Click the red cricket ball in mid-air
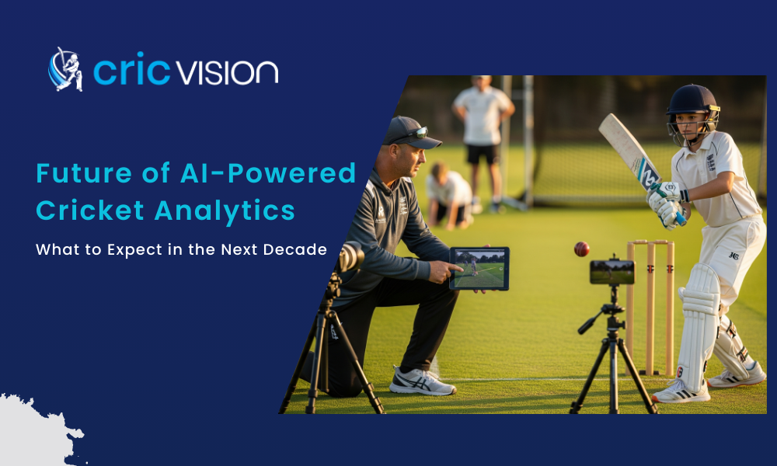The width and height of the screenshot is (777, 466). coord(581,249)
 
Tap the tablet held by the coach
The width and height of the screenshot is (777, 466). coord(479,268)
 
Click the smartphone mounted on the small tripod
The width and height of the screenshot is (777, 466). coord(611,272)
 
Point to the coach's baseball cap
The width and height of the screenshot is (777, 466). coord(409,131)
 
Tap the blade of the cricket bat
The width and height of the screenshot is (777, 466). coord(627,150)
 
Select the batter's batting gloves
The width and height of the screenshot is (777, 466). coord(667,201)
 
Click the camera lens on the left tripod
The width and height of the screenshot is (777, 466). coord(351,256)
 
